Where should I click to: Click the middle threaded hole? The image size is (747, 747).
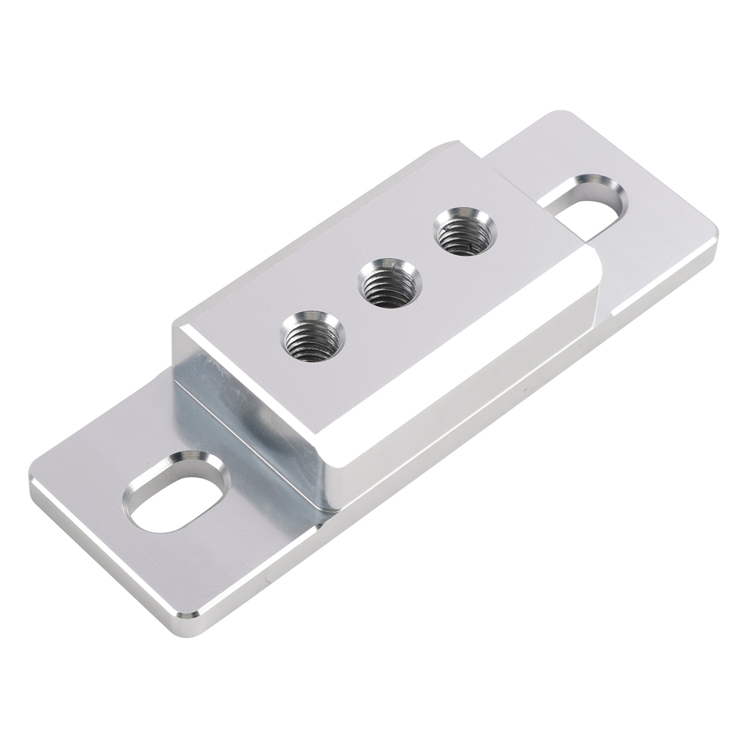389,286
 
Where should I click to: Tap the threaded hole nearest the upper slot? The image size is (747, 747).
466,231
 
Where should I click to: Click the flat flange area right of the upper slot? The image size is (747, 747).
663,233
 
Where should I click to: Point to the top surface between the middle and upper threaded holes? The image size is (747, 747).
427,259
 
